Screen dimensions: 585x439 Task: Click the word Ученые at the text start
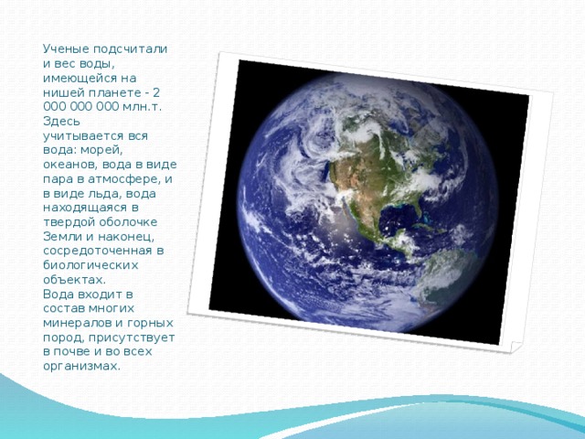[x=66, y=49]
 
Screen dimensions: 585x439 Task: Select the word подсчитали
[x=130, y=49]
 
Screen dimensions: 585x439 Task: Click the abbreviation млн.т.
[x=143, y=107]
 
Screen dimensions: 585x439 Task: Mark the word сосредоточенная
[x=98, y=251]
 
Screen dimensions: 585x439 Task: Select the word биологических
[x=90, y=265]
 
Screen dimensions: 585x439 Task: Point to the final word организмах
[x=81, y=366]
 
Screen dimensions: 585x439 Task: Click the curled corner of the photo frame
[x=516, y=347]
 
